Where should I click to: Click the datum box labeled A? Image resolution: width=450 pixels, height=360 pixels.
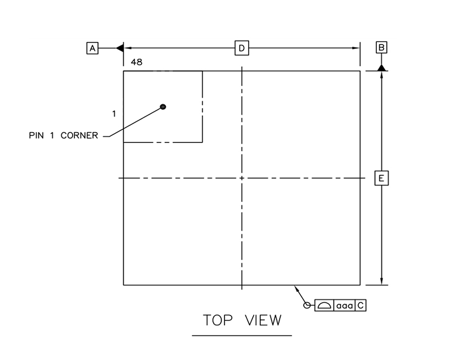92,48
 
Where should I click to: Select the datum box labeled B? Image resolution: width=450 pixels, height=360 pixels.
381,48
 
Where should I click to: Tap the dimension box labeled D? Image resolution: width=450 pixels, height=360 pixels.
241,48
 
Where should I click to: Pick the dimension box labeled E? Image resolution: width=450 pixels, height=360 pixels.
381,178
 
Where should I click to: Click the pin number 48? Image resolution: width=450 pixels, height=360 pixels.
137,62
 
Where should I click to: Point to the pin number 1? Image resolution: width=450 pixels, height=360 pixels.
114,114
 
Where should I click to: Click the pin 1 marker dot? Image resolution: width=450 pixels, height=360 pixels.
163,106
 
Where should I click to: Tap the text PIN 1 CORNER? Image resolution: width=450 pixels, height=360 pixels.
63,136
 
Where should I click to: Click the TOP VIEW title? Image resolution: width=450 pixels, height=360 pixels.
242,320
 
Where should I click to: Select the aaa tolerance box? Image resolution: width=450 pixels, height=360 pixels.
344,305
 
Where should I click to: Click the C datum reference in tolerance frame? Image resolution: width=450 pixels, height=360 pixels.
361,305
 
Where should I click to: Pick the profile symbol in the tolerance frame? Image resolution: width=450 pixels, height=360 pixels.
324,305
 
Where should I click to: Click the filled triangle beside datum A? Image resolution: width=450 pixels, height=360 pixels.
119,48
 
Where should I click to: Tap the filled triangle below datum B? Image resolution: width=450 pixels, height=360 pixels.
381,67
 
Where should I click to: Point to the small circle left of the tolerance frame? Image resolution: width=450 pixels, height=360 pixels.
307,305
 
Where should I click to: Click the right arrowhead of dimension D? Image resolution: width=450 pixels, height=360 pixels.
357,48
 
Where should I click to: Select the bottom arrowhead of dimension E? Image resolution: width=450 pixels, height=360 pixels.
381,281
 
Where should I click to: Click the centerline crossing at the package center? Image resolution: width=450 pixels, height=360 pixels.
241,178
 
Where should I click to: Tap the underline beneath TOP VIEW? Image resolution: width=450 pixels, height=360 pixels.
242,335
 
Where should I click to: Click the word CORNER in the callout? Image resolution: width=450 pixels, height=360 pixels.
83,136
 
